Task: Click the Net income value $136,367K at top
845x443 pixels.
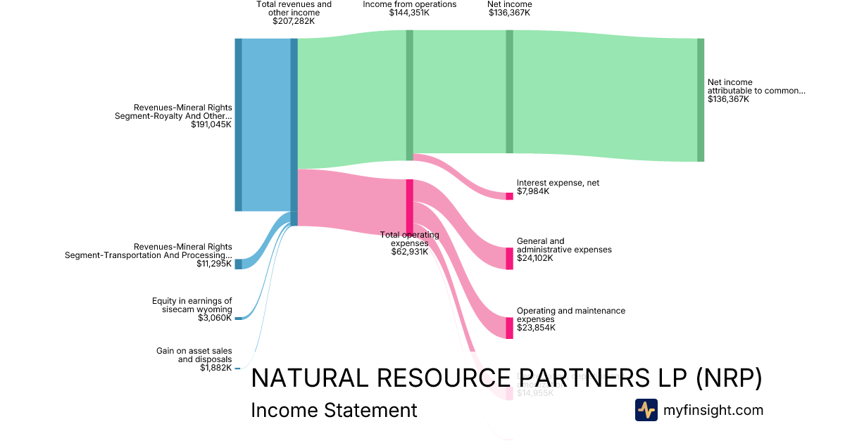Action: point(509,13)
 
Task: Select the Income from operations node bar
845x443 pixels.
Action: point(409,95)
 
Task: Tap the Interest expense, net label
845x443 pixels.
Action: point(558,183)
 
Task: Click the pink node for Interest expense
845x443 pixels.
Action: point(509,195)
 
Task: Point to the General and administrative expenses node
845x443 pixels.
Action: point(509,258)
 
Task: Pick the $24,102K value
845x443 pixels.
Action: point(534,258)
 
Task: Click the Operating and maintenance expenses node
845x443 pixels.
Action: point(509,328)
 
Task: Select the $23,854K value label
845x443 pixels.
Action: point(536,328)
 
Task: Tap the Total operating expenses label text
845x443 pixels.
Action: point(409,239)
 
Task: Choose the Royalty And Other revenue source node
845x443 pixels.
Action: point(238,124)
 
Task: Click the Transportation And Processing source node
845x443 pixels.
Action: point(238,264)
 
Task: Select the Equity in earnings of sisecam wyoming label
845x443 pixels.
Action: point(192,305)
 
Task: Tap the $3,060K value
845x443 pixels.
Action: point(215,319)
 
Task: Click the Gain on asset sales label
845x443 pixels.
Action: point(194,355)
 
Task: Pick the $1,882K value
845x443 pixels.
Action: point(215,368)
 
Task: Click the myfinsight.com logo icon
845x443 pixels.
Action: point(646,410)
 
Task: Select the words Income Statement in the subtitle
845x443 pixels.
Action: point(334,411)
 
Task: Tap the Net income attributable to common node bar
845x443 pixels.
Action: point(700,100)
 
